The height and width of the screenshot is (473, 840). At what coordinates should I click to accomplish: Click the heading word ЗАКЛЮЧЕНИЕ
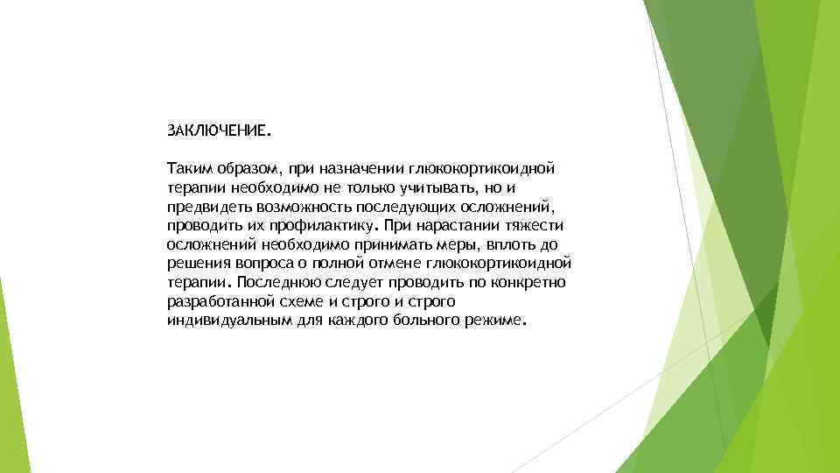[x=219, y=131]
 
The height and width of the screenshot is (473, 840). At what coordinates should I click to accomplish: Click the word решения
[x=197, y=264]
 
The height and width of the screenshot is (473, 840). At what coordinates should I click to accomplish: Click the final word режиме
[x=494, y=321]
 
